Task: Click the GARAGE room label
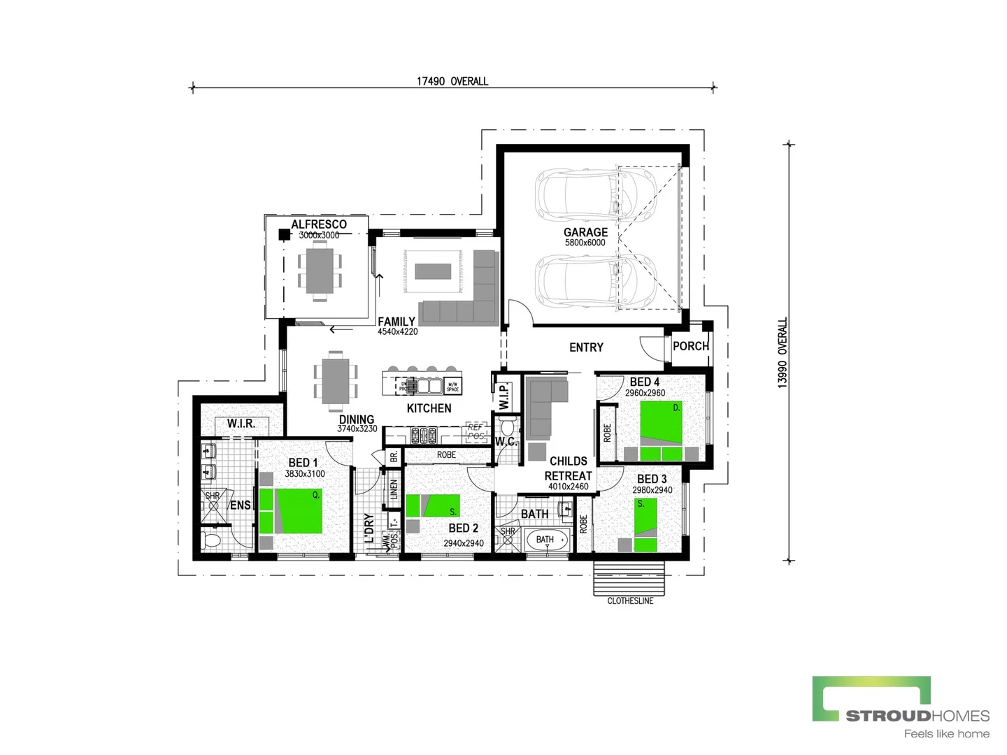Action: coord(585,232)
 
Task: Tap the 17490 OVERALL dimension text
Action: coord(452,81)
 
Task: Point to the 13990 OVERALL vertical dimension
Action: coord(783,352)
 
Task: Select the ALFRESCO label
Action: coord(319,224)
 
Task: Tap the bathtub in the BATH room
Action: coord(547,540)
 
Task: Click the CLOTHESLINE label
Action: coord(630,601)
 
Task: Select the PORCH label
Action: coord(690,346)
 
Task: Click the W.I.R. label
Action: coord(241,424)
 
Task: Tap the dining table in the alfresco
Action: coord(320,271)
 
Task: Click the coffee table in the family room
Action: coord(434,271)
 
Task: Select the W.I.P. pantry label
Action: coord(503,395)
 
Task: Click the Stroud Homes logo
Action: coord(901,706)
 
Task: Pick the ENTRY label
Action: coord(586,347)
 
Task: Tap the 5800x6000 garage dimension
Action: coord(585,243)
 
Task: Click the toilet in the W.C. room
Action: coord(508,426)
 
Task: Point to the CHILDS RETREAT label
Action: coord(569,468)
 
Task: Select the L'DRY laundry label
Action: coord(369,528)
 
